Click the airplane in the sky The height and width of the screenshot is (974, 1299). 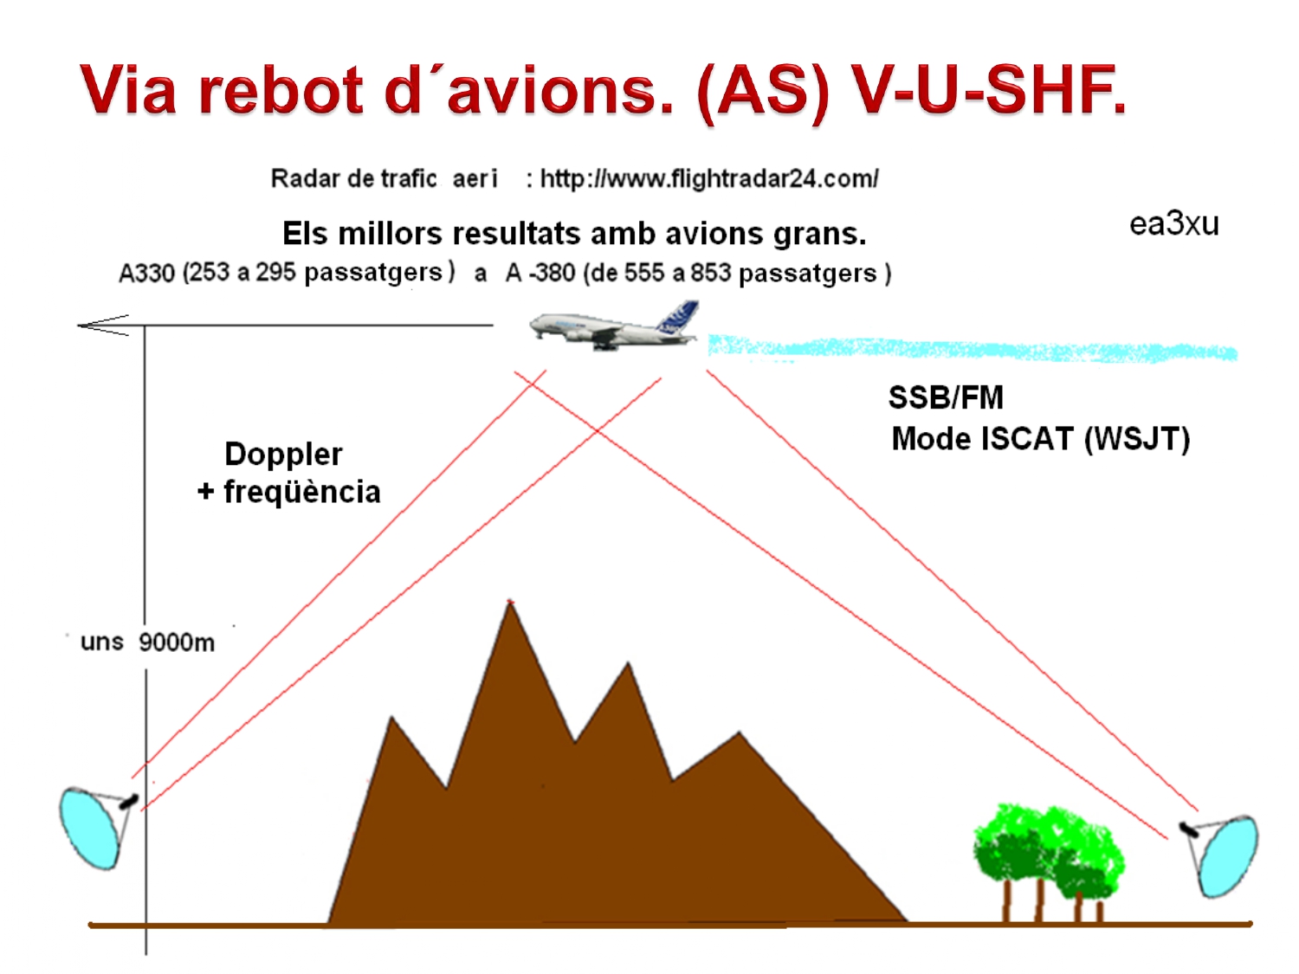611,326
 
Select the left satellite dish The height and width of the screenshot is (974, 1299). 92,826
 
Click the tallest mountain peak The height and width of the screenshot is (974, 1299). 511,606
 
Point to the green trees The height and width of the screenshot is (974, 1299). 1048,853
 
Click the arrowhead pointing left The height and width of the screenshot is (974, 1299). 102,326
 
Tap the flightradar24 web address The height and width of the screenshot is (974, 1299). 708,179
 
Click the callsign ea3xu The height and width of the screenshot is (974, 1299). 1173,224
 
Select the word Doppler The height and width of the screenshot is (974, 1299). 283,455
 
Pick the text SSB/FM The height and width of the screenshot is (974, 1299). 946,398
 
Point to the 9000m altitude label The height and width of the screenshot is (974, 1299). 176,642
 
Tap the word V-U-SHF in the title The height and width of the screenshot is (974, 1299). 987,91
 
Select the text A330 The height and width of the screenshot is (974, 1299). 146,274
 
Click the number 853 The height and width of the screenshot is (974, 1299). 710,274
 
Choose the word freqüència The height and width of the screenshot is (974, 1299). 301,493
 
